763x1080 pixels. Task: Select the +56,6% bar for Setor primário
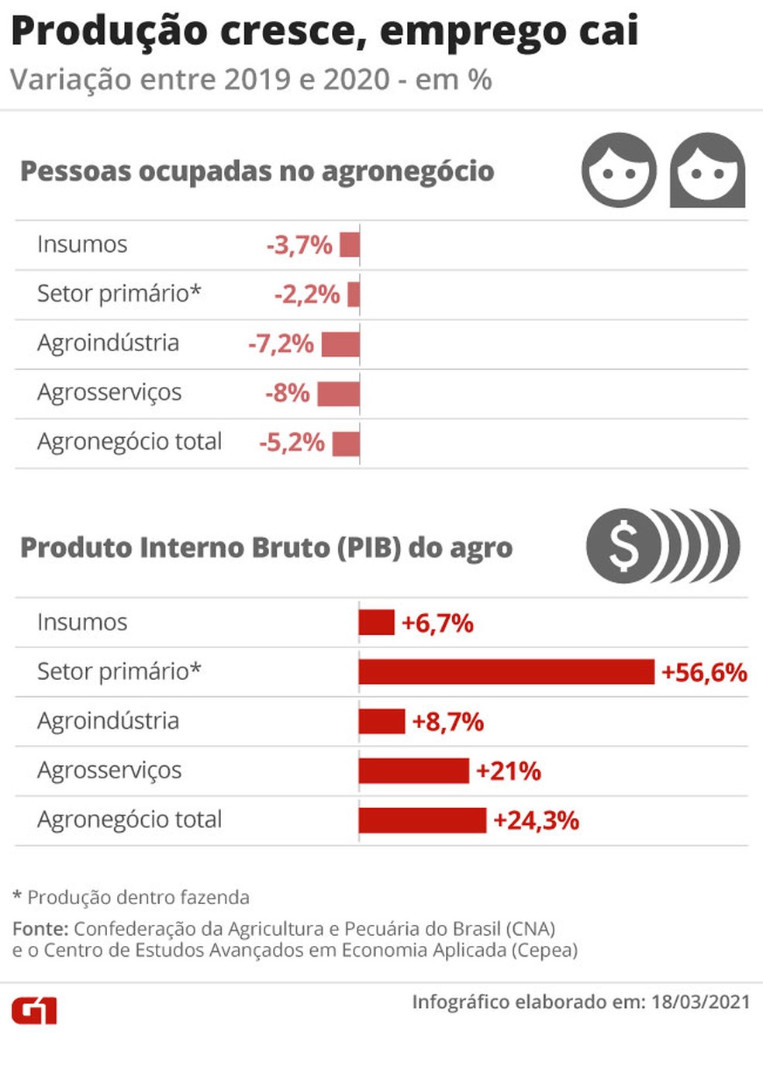click(x=506, y=671)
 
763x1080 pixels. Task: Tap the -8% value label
click(x=288, y=393)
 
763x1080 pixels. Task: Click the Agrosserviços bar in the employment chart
click(x=339, y=394)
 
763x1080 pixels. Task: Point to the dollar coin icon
click(x=663, y=546)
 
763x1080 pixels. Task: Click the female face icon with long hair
click(x=707, y=171)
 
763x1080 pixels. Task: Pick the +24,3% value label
click(x=537, y=820)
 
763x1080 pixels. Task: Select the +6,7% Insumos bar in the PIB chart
click(x=376, y=623)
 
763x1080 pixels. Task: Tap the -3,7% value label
click(x=299, y=245)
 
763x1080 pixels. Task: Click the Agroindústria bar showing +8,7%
click(x=381, y=721)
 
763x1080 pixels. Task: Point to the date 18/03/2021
click(x=701, y=1002)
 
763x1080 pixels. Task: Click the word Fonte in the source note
click(x=41, y=928)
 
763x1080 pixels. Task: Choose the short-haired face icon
click(x=619, y=171)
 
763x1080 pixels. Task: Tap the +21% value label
click(x=509, y=771)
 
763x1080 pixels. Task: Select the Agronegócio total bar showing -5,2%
click(x=346, y=443)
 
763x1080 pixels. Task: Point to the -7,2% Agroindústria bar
click(x=340, y=345)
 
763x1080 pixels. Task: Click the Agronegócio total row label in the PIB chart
click(x=129, y=820)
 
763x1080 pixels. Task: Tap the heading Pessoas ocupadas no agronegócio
click(x=257, y=172)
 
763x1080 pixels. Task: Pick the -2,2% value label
click(x=307, y=295)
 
